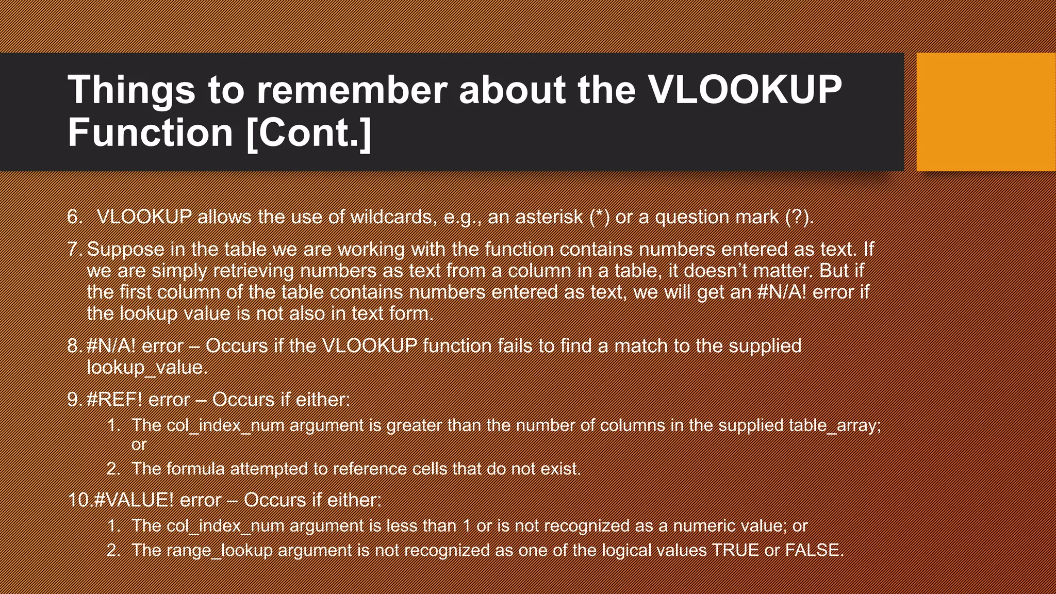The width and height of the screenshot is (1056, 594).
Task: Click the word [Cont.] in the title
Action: tap(309, 133)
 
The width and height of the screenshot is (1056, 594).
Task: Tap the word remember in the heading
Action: tap(351, 90)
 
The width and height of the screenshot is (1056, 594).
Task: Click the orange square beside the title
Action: tap(986, 112)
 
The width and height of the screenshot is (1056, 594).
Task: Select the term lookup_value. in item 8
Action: tap(147, 367)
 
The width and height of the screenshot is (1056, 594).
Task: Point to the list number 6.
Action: tap(74, 217)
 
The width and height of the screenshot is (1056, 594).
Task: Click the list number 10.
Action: tap(79, 500)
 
